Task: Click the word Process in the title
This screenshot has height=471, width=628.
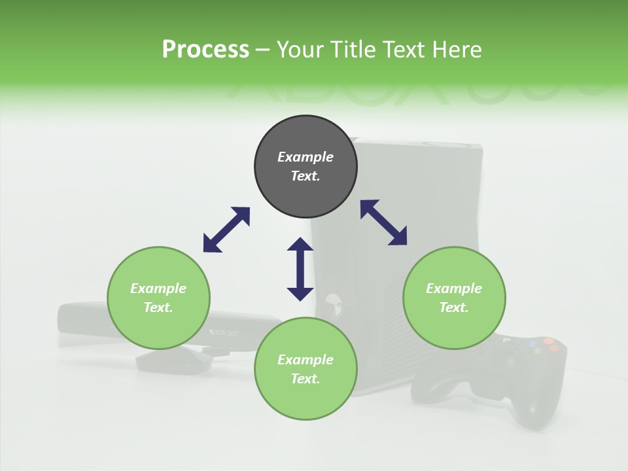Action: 205,50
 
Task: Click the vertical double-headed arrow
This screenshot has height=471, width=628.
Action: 300,269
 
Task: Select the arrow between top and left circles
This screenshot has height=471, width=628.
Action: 226,230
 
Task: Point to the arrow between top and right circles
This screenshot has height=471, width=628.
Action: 384,222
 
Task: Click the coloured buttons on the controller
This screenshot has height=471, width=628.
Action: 544,345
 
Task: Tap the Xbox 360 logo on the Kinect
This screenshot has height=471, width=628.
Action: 224,332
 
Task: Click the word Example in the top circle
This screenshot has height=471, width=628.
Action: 305,157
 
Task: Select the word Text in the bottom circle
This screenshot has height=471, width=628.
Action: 305,379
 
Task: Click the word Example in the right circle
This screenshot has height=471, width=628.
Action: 454,288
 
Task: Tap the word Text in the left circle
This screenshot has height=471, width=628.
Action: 158,307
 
